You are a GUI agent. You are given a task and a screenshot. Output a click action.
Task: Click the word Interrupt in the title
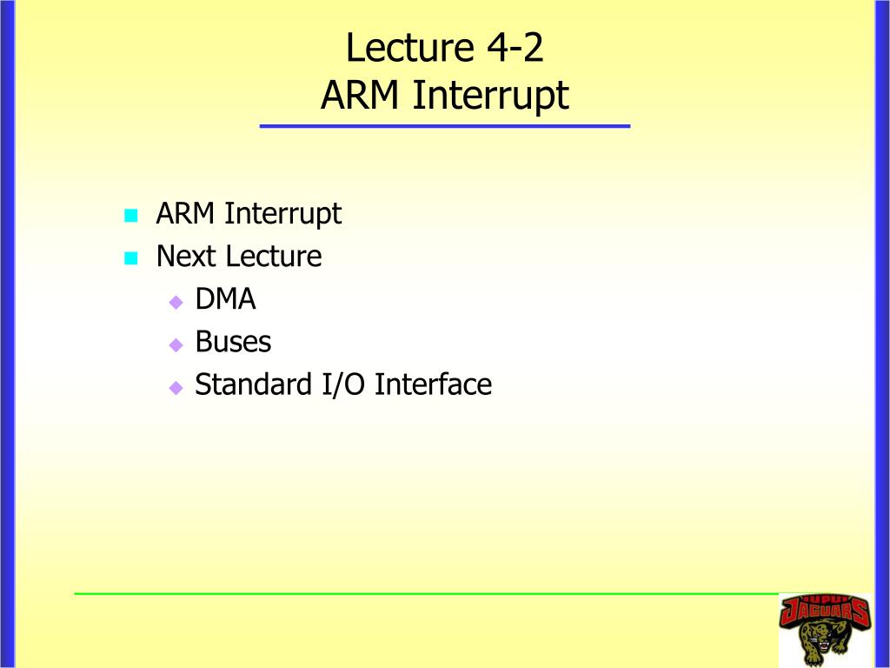click(x=490, y=96)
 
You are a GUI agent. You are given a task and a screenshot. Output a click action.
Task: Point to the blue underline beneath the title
click(x=445, y=126)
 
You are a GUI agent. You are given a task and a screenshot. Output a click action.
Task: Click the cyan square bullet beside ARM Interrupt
click(x=131, y=216)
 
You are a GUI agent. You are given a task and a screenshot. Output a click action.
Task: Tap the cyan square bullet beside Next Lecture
click(x=131, y=258)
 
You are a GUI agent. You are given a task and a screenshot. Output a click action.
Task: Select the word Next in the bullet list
click(x=185, y=257)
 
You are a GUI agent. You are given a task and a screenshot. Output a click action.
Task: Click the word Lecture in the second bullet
click(x=274, y=257)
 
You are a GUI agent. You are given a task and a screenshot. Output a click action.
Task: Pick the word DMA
click(x=225, y=299)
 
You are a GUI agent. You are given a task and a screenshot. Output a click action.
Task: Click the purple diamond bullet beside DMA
click(x=176, y=302)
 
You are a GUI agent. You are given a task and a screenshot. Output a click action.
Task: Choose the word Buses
click(x=233, y=341)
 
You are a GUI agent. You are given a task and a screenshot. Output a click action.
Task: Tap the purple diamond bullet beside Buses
click(x=176, y=344)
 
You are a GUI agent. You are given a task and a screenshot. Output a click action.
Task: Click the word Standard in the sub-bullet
click(x=253, y=384)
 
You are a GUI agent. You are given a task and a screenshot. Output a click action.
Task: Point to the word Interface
click(x=433, y=384)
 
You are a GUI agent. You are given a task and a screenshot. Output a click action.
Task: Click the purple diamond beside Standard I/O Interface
click(x=176, y=388)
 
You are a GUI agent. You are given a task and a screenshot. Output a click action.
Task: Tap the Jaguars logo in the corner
click(x=825, y=630)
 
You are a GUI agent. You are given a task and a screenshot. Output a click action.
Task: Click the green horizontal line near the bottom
click(x=426, y=593)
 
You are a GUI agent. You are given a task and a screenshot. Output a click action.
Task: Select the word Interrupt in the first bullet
click(x=283, y=214)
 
